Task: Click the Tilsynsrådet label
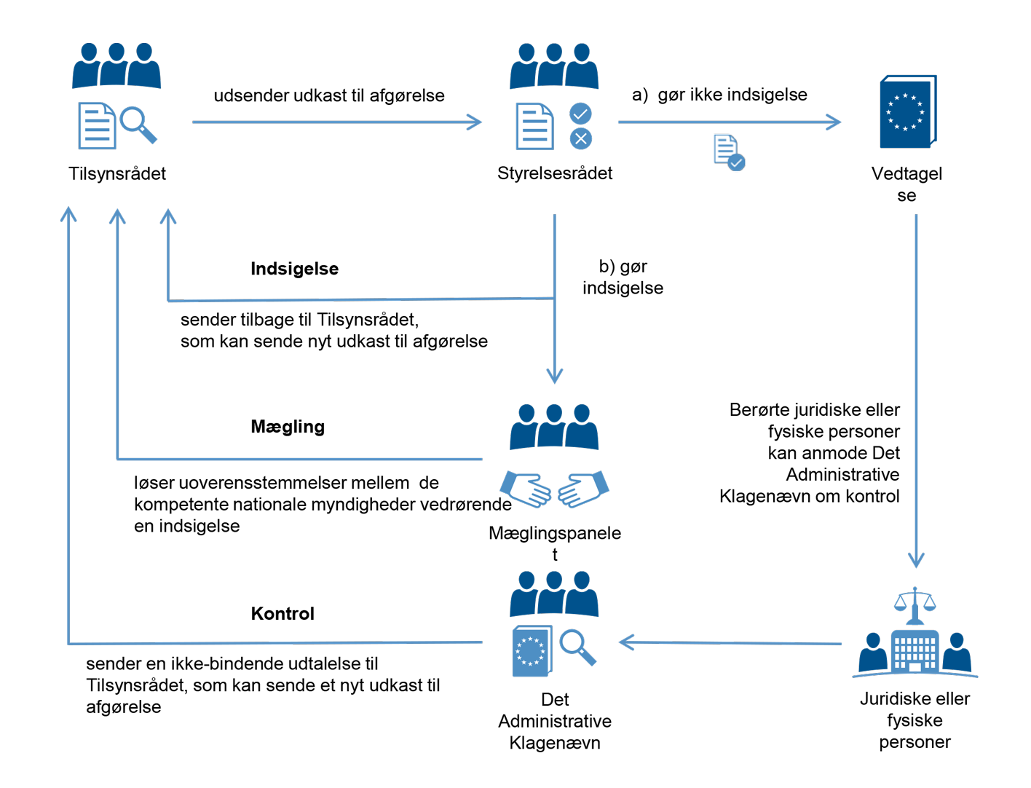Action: click(117, 173)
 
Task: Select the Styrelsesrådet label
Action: click(555, 173)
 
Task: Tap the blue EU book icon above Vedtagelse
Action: click(907, 112)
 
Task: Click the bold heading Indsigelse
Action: click(294, 269)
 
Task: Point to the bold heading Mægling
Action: click(288, 427)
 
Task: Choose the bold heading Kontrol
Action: click(283, 613)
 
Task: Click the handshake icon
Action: click(554, 489)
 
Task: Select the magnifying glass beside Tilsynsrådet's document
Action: click(138, 124)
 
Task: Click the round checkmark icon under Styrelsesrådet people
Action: click(580, 114)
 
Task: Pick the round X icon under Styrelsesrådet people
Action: click(580, 138)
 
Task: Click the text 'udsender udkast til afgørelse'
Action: click(329, 95)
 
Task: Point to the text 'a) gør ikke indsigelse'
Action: click(719, 95)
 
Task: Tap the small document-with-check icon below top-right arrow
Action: click(729, 152)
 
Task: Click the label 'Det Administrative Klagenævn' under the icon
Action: click(555, 721)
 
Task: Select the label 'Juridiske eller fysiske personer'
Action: click(915, 720)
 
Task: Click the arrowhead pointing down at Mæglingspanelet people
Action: click(555, 376)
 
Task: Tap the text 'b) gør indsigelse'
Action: click(623, 277)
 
